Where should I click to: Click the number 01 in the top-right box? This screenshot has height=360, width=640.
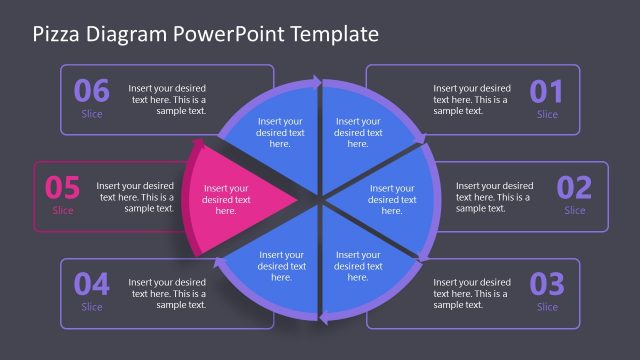tap(547, 92)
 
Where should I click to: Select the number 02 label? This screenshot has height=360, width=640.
tap(574, 188)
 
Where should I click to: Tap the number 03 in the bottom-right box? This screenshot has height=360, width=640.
tap(547, 284)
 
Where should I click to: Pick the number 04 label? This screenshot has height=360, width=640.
tap(91, 284)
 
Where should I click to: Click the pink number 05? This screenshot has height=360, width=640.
tap(62, 188)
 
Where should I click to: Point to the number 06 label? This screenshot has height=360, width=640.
tap(91, 92)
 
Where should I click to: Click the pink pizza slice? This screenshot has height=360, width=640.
tap(235, 195)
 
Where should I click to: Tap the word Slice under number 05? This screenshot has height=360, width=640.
tap(62, 211)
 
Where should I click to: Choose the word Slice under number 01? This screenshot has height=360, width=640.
tap(547, 115)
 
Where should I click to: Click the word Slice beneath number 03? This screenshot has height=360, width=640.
tap(547, 307)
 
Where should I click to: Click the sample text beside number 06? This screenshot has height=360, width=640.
tap(167, 99)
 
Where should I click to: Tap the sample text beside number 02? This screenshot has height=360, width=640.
tap(494, 197)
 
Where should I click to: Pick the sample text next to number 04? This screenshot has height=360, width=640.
tap(167, 294)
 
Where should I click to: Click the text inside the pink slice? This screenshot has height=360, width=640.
tap(226, 199)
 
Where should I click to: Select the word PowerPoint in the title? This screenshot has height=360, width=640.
tap(229, 34)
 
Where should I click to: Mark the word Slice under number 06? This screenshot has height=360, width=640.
tap(91, 115)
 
